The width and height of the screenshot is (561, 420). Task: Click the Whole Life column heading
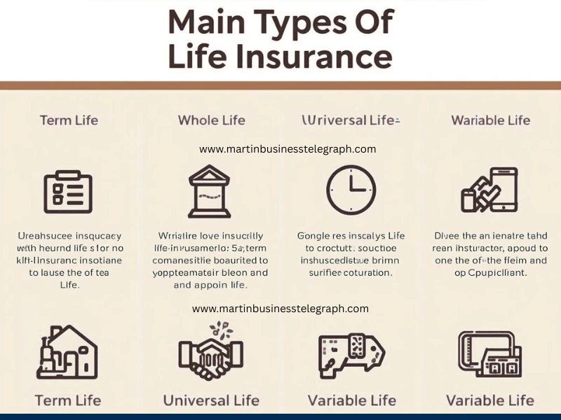click(211, 120)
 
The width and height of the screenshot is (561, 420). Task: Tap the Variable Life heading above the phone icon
click(490, 120)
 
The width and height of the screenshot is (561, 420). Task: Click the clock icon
click(351, 190)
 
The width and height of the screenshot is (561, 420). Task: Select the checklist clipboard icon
click(68, 191)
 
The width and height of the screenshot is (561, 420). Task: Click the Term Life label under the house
click(68, 400)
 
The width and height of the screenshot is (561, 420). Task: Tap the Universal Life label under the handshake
click(211, 400)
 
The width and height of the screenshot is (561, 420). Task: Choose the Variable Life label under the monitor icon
click(490, 400)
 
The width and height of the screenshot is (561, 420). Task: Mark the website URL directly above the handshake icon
click(280, 308)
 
